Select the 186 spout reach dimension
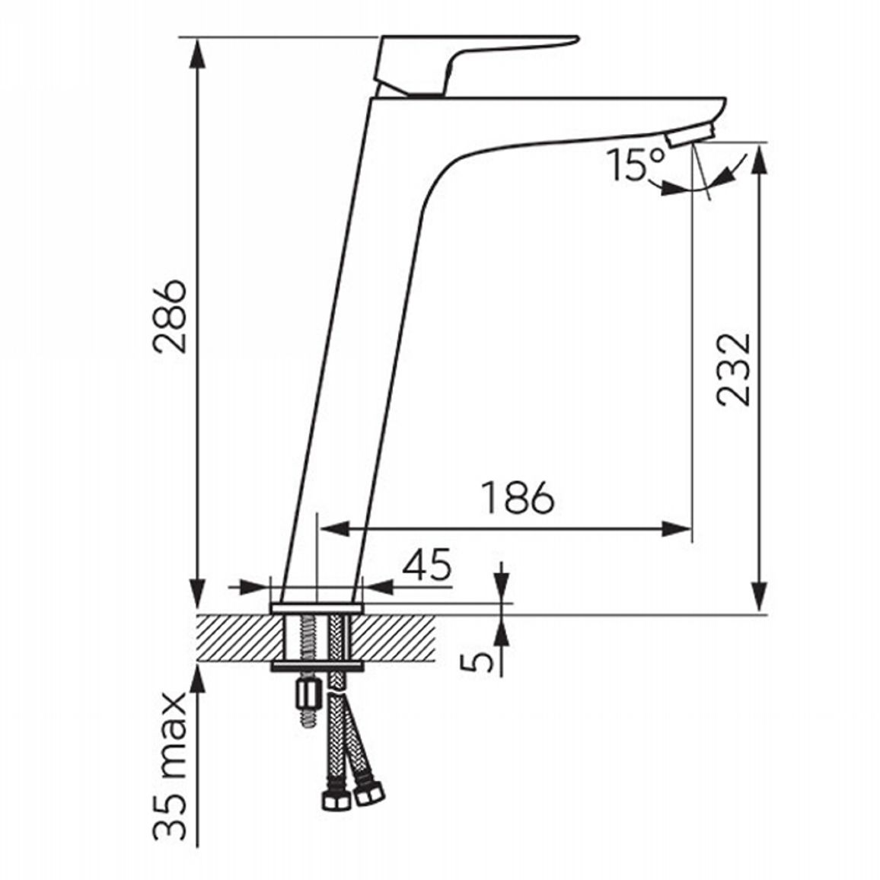click(518, 497)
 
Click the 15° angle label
click(636, 164)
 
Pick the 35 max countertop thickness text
click(171, 769)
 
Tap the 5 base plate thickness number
click(476, 662)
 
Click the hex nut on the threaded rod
click(308, 694)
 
